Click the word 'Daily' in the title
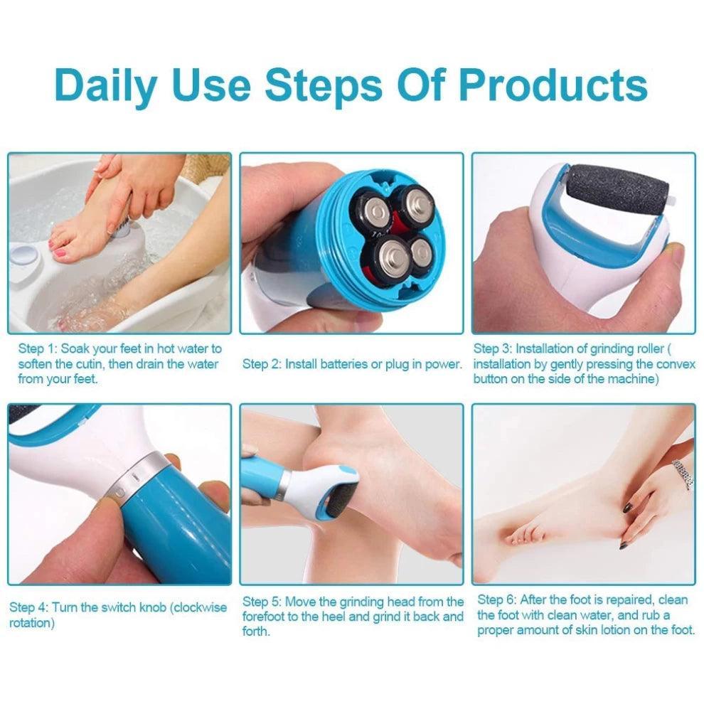105,85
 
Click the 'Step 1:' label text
38,349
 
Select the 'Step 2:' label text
262,364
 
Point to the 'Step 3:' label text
493,349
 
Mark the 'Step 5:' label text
262,602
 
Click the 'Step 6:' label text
496,600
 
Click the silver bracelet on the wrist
683,474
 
